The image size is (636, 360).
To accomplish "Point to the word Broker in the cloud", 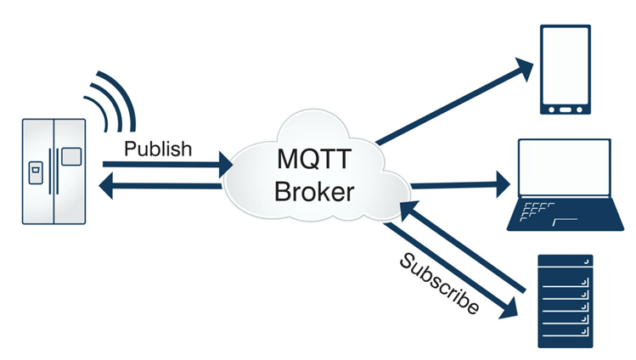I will pos(315,191).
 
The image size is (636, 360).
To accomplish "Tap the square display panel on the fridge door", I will pos(71,156).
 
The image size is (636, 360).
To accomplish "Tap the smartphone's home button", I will pos(566,110).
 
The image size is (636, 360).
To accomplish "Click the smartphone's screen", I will pos(566,66).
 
